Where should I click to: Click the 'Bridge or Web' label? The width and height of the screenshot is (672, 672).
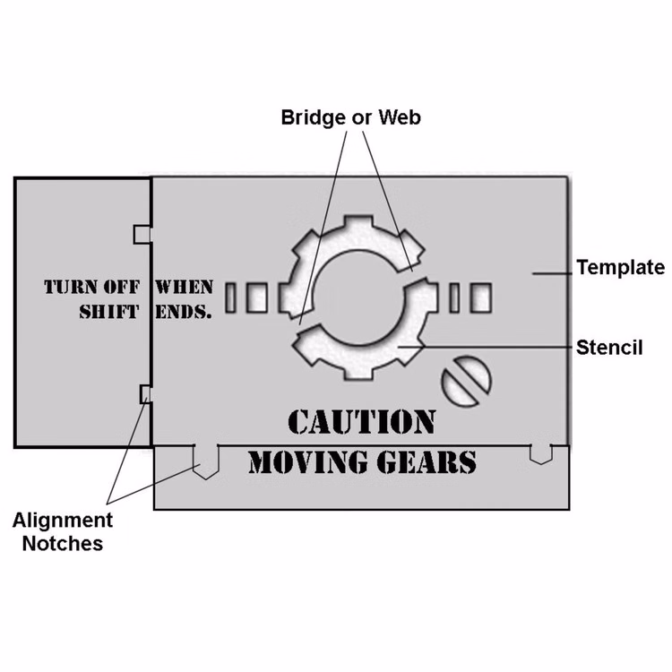350,117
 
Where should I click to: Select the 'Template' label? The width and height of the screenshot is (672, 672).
620,267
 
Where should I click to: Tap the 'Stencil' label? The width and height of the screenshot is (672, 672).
609,348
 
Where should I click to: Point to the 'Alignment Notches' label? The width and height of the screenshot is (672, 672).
63,531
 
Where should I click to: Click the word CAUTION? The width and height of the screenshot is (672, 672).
362,422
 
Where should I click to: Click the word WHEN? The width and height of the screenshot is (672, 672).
185,287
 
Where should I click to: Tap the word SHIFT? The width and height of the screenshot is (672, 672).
109,312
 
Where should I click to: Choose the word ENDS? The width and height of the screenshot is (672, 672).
184,312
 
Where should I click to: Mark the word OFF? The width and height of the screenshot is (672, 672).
122,287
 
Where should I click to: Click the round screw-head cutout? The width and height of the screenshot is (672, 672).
466,381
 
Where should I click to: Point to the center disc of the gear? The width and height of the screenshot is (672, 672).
359,297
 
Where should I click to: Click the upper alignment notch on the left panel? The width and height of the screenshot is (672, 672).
142,235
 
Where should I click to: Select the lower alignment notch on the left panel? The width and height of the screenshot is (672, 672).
146,394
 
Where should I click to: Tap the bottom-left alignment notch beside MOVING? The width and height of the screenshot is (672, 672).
206,462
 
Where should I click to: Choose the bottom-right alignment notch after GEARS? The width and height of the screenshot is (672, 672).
541,454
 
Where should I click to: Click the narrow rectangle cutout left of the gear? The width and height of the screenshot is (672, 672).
231,297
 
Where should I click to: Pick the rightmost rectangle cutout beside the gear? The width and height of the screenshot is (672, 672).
481,297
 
